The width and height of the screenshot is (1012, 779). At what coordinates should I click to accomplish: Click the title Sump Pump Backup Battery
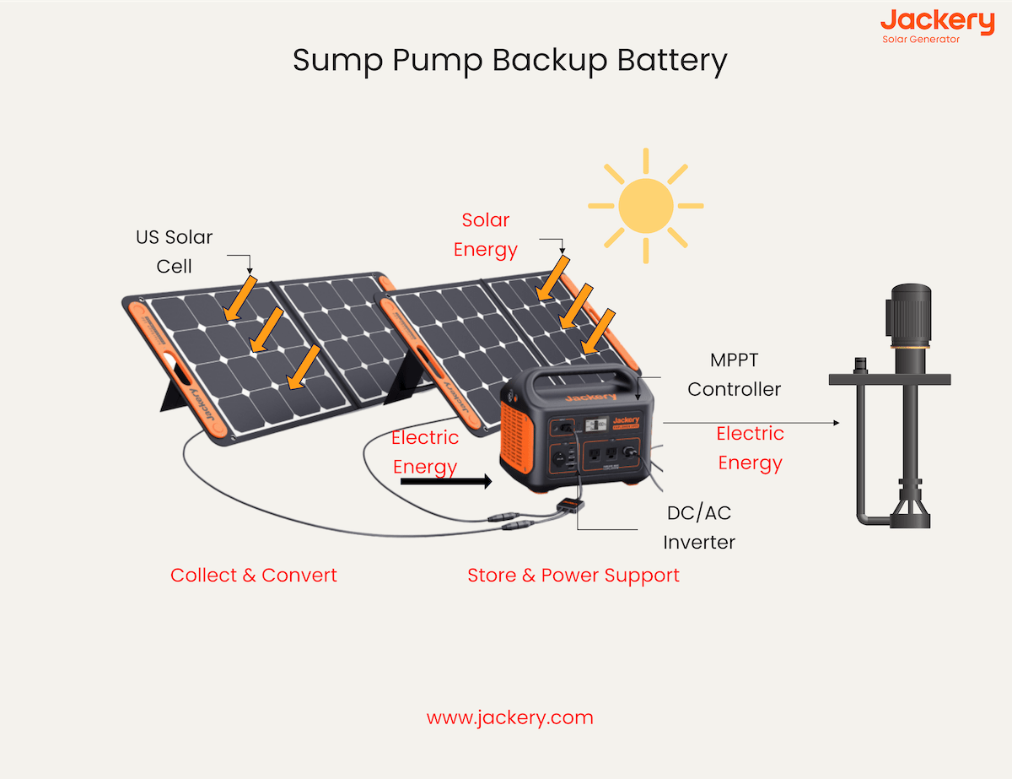pyautogui.click(x=509, y=62)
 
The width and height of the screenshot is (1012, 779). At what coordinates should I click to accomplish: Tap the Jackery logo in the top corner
pyautogui.click(x=925, y=20)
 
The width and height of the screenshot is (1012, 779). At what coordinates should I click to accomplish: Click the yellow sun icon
pyautogui.click(x=645, y=205)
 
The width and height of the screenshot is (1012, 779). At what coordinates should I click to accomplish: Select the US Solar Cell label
pyautogui.click(x=175, y=252)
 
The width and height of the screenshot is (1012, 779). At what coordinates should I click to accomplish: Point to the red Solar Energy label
pyautogui.click(x=486, y=235)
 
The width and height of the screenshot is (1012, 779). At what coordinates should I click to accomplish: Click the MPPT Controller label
pyautogui.click(x=734, y=374)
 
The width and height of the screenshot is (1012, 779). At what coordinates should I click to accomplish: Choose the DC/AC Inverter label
pyautogui.click(x=699, y=527)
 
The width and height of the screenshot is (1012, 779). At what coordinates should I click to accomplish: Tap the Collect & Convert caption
pyautogui.click(x=254, y=576)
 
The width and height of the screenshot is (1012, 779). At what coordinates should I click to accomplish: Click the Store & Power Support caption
pyautogui.click(x=573, y=576)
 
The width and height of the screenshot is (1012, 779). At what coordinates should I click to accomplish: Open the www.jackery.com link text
pyautogui.click(x=509, y=718)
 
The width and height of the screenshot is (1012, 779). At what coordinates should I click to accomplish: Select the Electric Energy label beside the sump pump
pyautogui.click(x=750, y=448)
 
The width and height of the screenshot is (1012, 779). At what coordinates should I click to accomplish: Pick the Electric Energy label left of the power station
pyautogui.click(x=425, y=452)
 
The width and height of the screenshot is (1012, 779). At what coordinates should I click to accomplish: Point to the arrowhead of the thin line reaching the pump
pyautogui.click(x=836, y=422)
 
